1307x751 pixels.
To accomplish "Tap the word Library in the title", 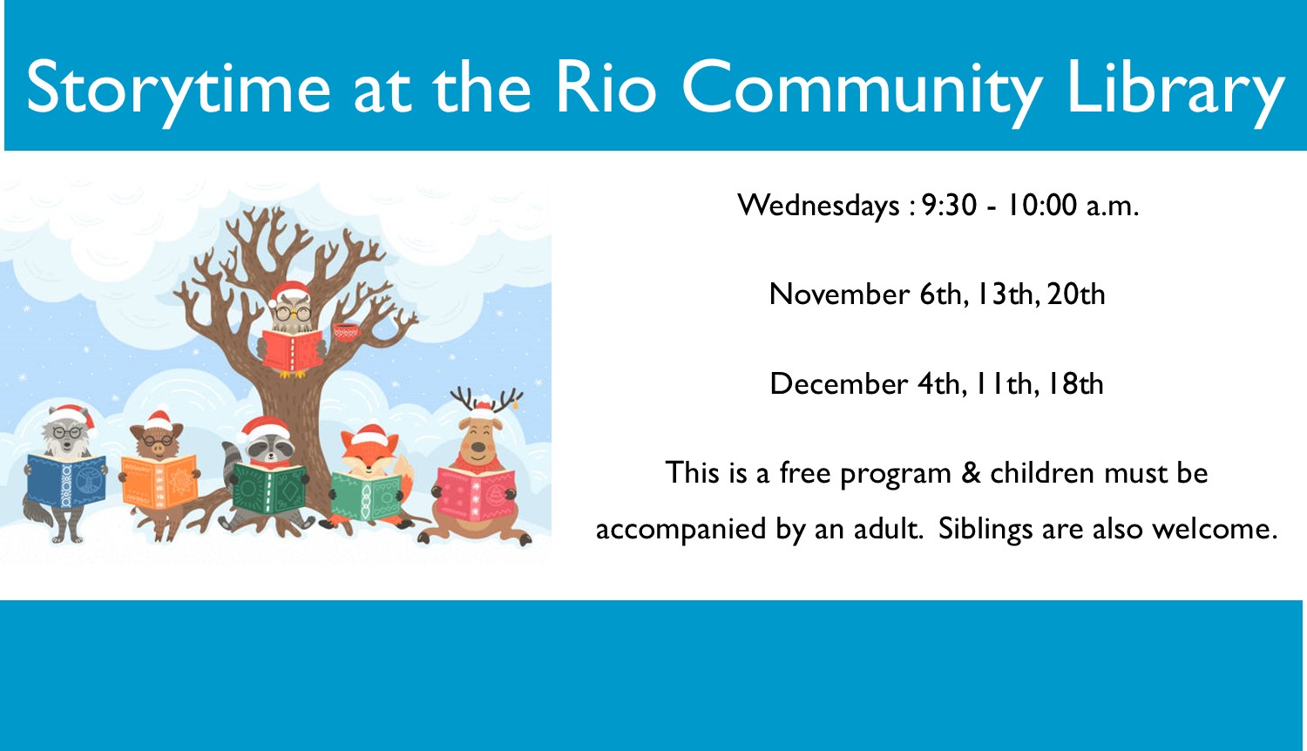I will (1175, 89).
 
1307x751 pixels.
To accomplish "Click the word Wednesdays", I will (818, 206).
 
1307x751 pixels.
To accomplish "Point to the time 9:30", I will (949, 206).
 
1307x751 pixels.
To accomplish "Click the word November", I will (838, 294).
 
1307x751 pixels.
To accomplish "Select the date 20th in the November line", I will (1076, 294).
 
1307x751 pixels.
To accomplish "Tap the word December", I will (838, 384).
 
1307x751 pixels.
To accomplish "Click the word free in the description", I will (805, 473).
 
